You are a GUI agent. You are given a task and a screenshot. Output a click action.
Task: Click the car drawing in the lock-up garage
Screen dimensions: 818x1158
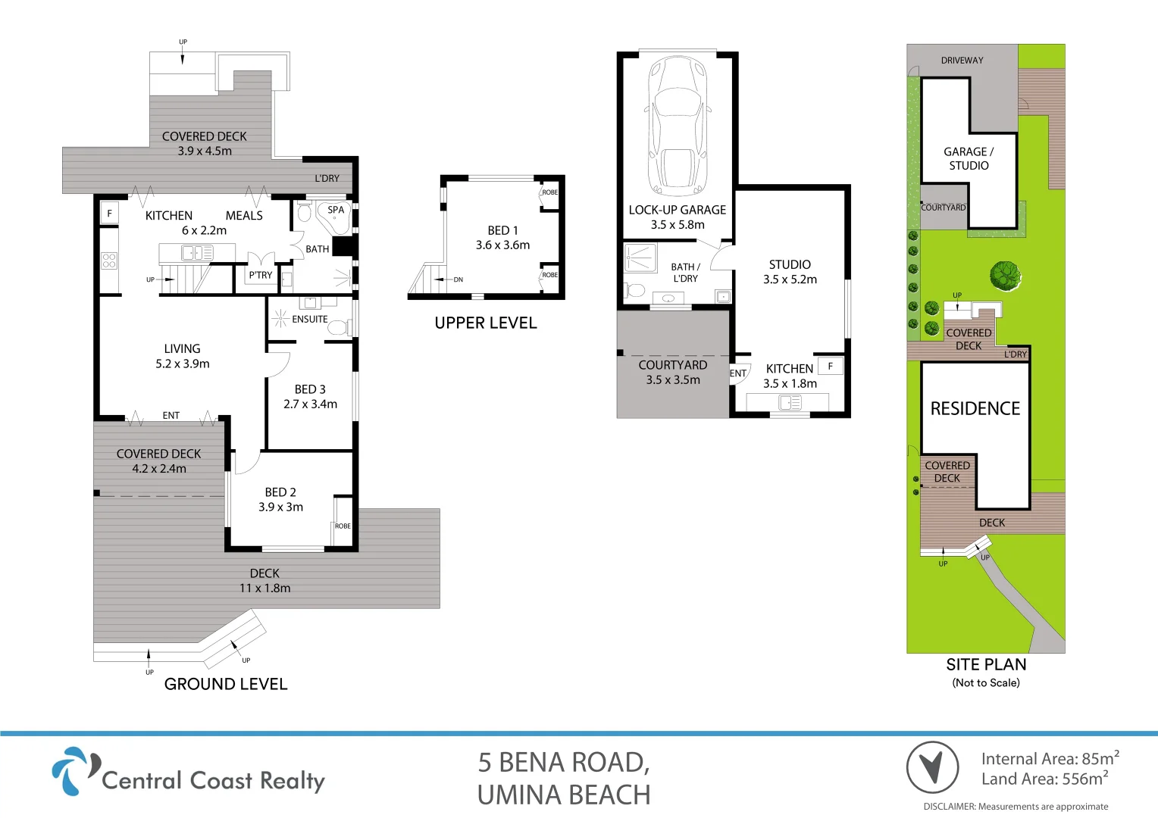pos(678,126)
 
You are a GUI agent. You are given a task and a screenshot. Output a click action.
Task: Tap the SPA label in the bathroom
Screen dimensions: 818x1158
pos(336,210)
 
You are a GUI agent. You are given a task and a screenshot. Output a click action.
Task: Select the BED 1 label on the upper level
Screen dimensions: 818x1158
pos(502,230)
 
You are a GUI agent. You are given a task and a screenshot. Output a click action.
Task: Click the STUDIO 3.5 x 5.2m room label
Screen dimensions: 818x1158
pos(790,271)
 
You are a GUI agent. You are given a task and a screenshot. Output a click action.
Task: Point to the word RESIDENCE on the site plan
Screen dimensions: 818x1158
pos(975,409)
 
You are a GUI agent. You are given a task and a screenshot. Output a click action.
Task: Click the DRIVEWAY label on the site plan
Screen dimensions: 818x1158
pos(962,61)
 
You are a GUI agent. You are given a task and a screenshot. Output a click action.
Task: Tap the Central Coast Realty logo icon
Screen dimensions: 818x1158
pos(74,771)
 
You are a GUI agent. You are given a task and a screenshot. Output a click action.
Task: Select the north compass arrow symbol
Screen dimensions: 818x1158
pos(932,767)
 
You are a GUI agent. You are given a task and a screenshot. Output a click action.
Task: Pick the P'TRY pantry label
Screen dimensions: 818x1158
pos(260,276)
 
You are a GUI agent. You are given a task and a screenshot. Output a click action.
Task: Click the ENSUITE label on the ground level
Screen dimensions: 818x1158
pos(309,320)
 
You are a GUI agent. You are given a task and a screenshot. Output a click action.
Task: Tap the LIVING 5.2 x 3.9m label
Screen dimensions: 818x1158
pos(183,356)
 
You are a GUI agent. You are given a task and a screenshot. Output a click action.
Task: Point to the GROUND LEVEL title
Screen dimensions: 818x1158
pos(226,684)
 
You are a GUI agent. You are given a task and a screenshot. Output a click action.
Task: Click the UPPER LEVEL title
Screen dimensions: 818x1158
pos(486,323)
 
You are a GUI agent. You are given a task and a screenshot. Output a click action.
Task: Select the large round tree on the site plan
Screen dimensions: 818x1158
pos(1005,275)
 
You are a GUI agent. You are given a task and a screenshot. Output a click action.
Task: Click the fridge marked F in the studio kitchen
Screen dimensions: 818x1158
pos(831,367)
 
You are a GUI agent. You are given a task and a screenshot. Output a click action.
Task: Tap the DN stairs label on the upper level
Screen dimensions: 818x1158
pos(458,280)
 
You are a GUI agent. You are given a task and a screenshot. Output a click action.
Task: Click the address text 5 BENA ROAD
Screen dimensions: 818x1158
pos(563,763)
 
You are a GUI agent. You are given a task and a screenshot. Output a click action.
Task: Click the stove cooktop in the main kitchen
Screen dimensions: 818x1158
pos(109,261)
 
